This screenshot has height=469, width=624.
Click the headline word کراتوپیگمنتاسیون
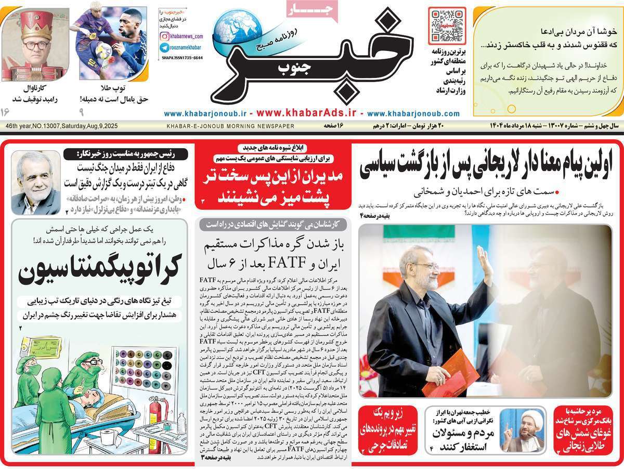(x=99, y=268)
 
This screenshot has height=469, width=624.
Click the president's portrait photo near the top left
(x=35, y=183)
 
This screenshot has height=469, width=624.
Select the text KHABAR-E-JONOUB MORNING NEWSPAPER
(x=230, y=126)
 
